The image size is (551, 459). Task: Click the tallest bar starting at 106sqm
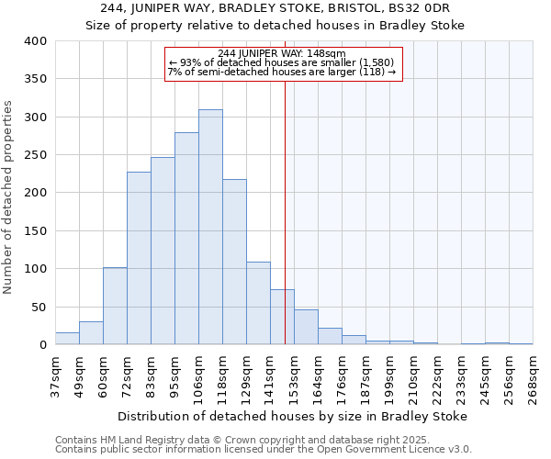pos(210,228)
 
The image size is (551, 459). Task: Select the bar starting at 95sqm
pos(186,239)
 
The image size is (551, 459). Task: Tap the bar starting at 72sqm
pos(139,258)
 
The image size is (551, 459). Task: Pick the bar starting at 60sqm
pos(115,307)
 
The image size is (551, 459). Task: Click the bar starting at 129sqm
pos(258,304)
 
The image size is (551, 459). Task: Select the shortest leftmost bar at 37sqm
pos(67,339)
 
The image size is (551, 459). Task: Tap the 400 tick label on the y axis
pos(36,41)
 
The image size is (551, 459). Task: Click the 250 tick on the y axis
pos(36,155)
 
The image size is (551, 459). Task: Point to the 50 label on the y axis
pos(39,307)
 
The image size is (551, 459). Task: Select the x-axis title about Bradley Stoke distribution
pos(293,416)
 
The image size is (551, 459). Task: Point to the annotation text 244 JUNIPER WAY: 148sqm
pos(283,53)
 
